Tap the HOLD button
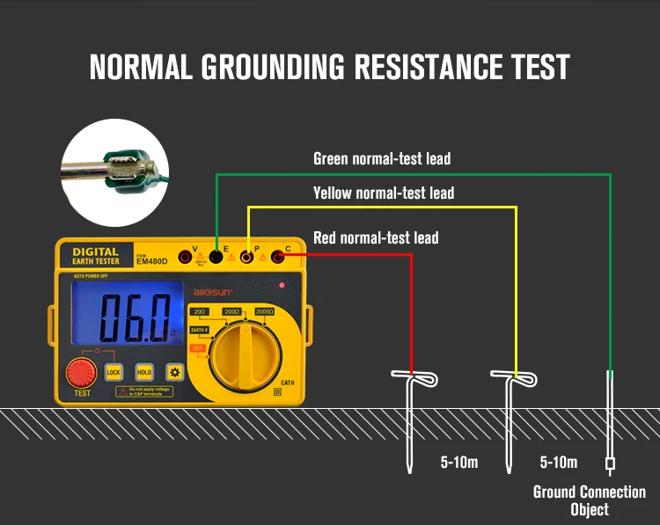[143, 372]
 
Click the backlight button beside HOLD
[175, 372]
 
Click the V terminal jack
[185, 257]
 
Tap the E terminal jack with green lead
[216, 257]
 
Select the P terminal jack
[248, 257]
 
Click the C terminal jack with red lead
[279, 257]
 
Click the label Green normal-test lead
[382, 159]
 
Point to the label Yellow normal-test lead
[384, 193]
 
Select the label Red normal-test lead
[376, 237]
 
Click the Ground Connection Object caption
[589, 500]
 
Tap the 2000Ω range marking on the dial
[265, 312]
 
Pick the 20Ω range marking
[200, 312]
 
